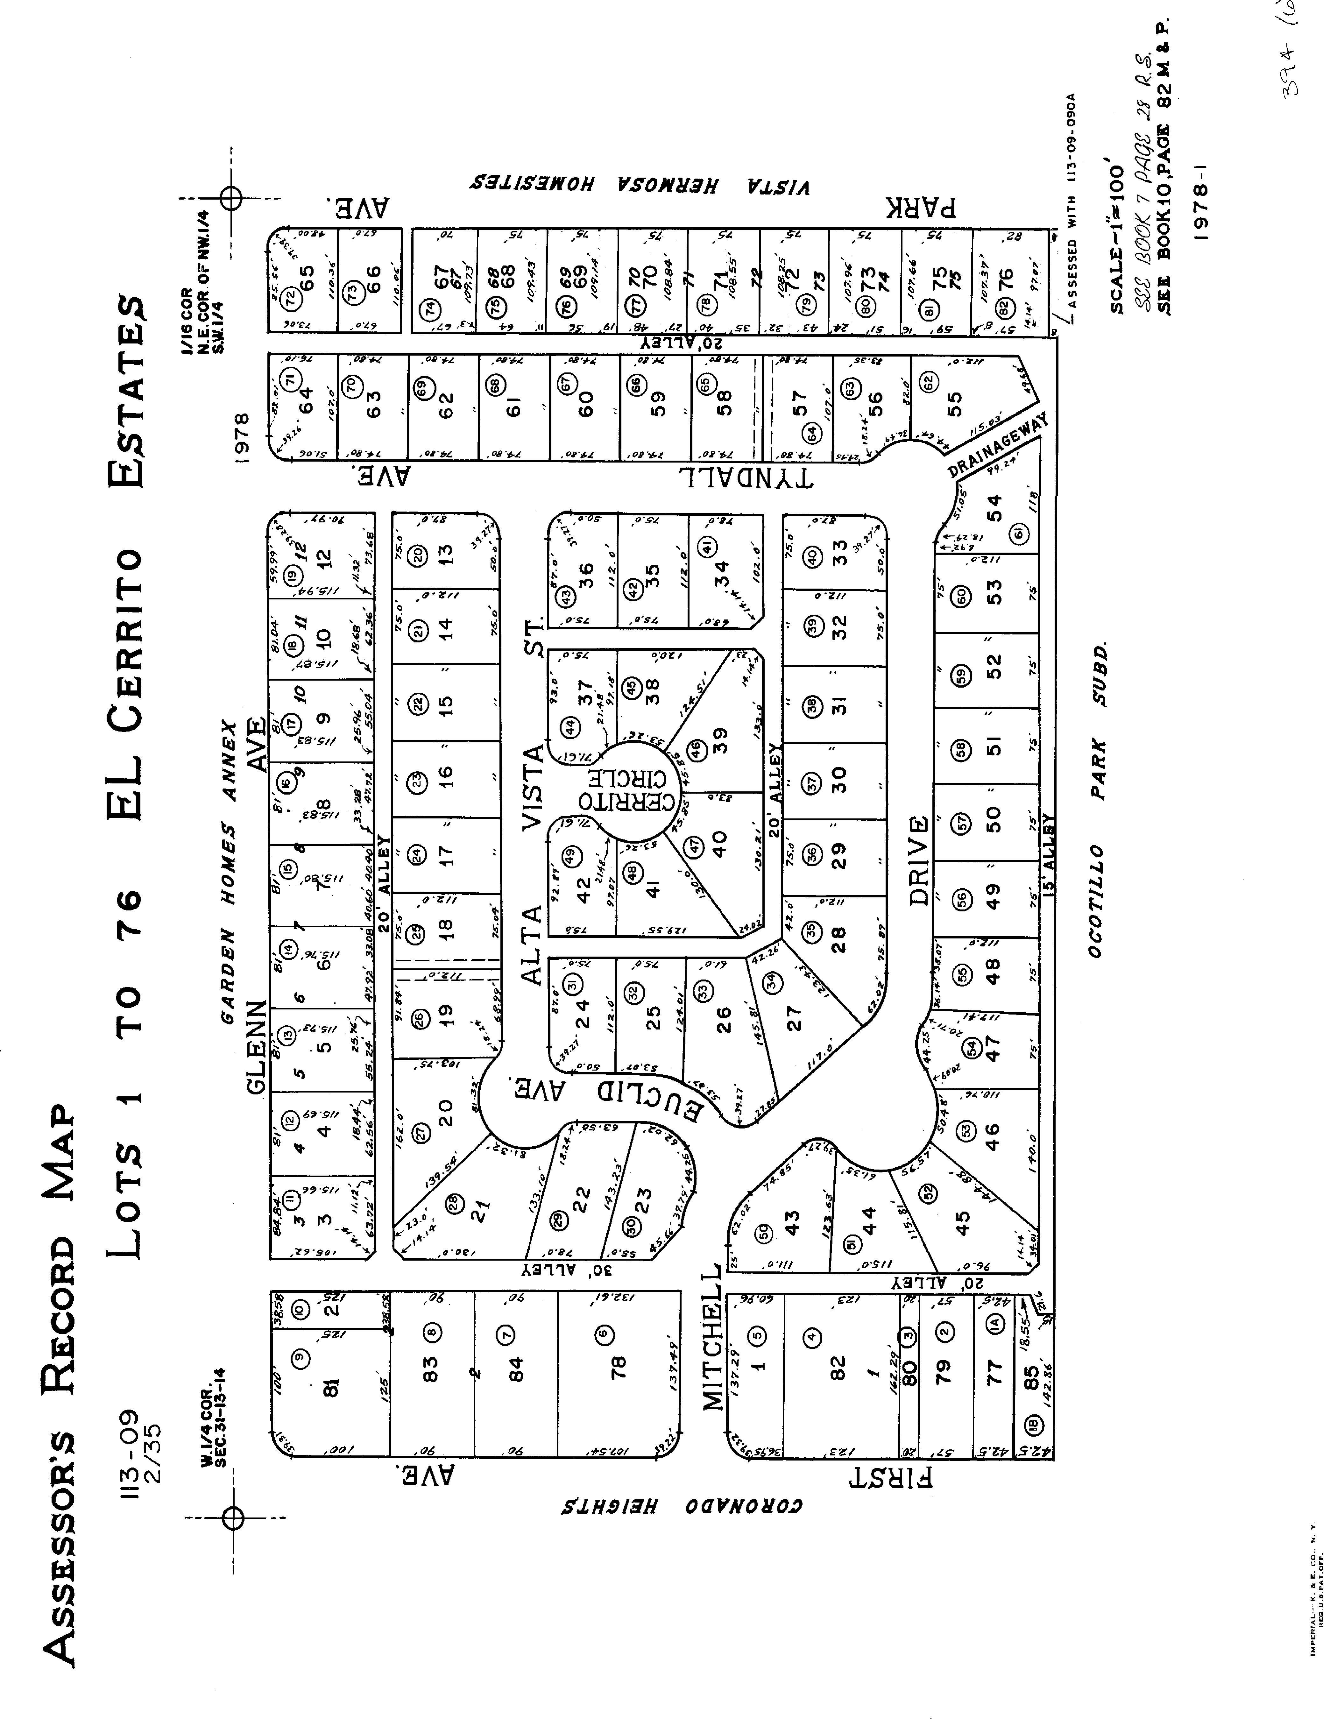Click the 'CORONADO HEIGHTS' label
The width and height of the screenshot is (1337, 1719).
[x=682, y=1506]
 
